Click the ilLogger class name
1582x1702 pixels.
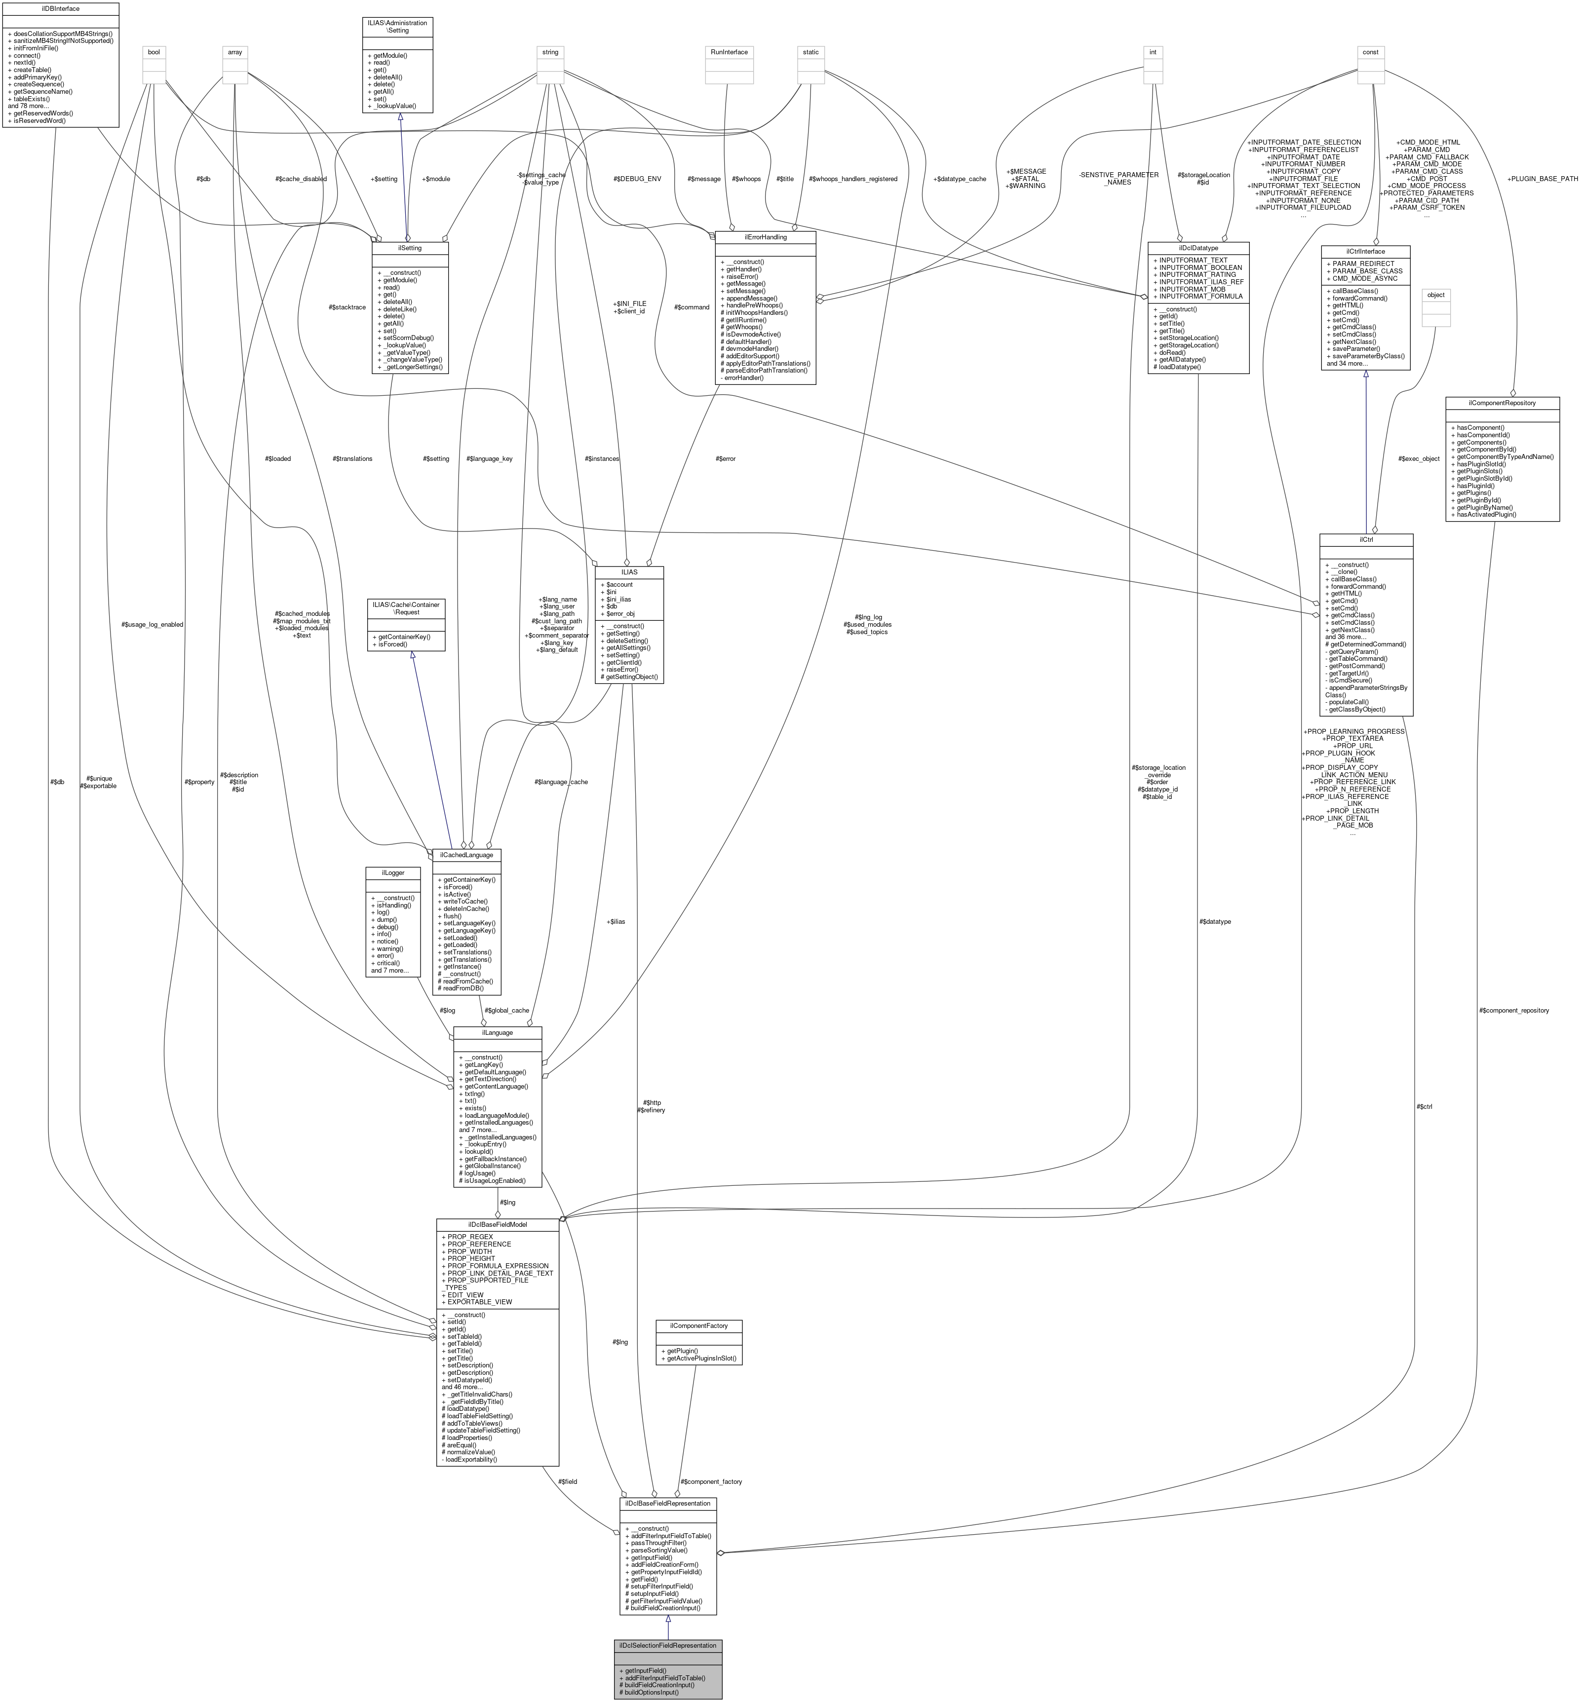click(391, 873)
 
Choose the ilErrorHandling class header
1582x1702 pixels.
click(765, 237)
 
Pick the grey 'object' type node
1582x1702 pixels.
click(1435, 295)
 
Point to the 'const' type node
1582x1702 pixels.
click(1371, 52)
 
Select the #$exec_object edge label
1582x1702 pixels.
click(1419, 458)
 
